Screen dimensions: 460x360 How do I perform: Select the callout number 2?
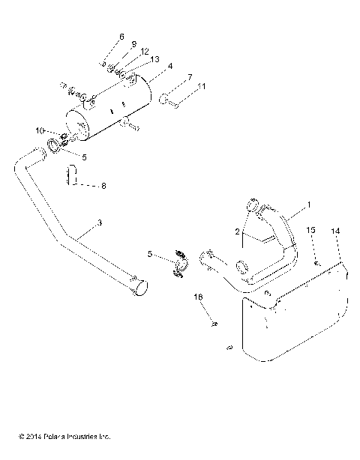pos(238,233)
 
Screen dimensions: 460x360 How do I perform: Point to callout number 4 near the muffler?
pos(171,67)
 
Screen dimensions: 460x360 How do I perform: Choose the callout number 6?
pos(121,36)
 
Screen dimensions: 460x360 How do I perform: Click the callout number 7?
pos(190,77)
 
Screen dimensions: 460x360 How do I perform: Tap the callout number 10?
pos(38,130)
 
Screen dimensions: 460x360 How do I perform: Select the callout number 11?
pos(201,87)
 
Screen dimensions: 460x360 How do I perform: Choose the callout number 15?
pos(312,229)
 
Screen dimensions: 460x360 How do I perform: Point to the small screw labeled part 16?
pos(214,324)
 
